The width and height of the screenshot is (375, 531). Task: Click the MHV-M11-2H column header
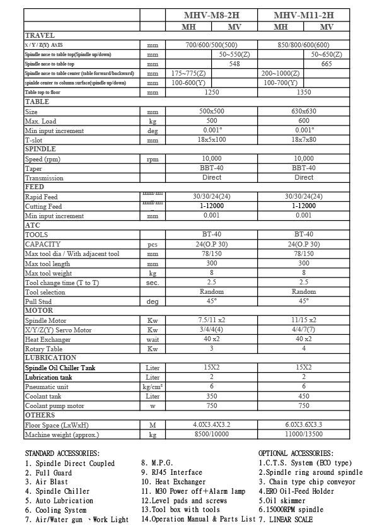[x=304, y=15]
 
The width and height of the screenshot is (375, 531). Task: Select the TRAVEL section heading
[x=40, y=35]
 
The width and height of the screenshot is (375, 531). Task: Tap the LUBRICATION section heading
[x=50, y=358]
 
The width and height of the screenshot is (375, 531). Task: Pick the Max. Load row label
[x=40, y=120]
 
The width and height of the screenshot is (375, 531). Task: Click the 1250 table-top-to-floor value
[x=212, y=92]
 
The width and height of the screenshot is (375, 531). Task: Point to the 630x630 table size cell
[x=304, y=111]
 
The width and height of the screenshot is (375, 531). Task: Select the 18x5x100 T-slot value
[x=212, y=139]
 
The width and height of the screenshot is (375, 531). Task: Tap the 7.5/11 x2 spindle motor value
[x=212, y=320]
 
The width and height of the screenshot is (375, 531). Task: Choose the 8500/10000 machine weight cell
[x=212, y=435]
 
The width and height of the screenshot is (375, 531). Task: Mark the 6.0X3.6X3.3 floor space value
[x=304, y=425]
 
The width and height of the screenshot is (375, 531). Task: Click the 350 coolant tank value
[x=212, y=396]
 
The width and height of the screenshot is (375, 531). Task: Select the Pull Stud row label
[x=38, y=301]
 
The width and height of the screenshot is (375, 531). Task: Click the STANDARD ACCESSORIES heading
[x=62, y=453]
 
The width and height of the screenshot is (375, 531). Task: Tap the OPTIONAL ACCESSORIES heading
[x=296, y=453]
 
